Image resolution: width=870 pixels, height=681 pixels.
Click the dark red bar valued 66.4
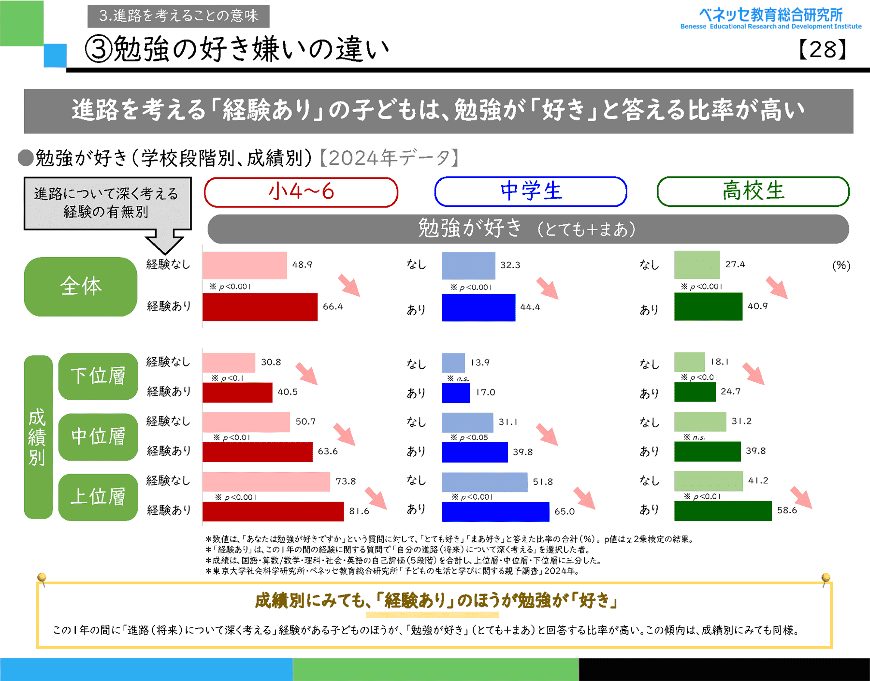(260, 307)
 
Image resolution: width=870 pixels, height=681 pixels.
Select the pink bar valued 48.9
(244, 265)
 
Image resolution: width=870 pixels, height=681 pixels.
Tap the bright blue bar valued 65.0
(495, 512)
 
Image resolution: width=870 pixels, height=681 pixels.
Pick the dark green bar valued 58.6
(723, 511)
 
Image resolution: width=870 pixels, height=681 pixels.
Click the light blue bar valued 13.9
(453, 363)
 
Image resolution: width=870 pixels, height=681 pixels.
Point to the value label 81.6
(359, 511)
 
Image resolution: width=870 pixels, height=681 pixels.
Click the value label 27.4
(735, 264)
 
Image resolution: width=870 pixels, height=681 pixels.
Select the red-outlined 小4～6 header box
(301, 192)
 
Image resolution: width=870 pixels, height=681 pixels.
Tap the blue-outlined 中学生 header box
(531, 191)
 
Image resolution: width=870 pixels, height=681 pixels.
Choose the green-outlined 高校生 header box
(753, 191)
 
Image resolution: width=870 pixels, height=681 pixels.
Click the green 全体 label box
(81, 287)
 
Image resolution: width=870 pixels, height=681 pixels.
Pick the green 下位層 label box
(98, 376)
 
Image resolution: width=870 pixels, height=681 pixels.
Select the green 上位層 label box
(98, 497)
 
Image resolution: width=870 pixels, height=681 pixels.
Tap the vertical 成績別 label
(38, 437)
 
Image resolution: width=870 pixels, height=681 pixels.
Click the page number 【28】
(822, 49)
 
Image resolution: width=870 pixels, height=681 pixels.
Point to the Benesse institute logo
(770, 18)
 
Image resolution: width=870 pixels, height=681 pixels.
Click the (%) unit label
(841, 265)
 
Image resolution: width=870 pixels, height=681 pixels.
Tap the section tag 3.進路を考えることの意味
(178, 16)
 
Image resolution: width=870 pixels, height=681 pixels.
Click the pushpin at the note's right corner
(826, 578)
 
